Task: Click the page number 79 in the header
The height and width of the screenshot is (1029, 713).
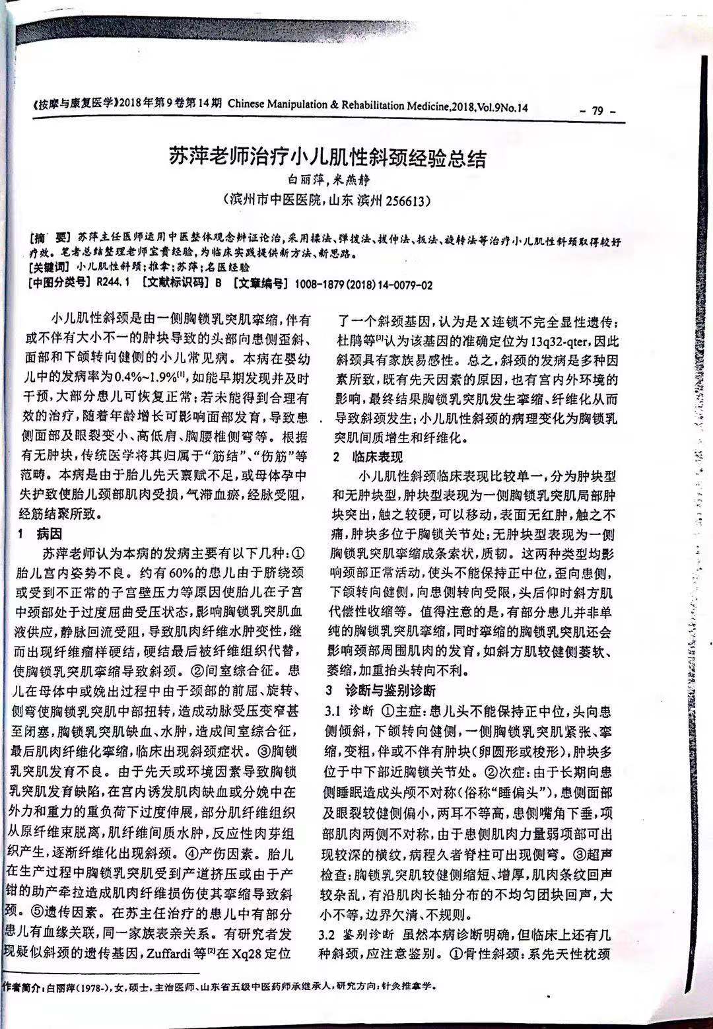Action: coord(598,112)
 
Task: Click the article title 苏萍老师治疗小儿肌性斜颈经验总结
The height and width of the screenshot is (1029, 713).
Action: coord(327,159)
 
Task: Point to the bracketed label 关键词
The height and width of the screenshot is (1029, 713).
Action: coord(48,267)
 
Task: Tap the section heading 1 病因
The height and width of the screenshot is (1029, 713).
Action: coord(44,532)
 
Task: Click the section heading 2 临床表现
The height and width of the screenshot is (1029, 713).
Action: coord(367,457)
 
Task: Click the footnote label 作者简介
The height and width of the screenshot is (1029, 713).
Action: coord(24,987)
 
